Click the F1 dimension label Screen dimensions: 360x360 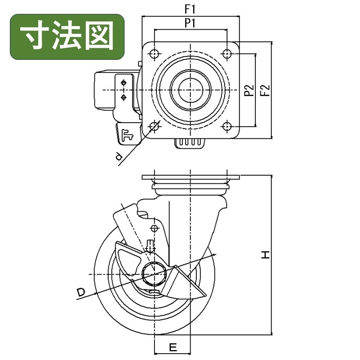pyautogui.click(x=190, y=9)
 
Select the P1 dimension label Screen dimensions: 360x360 pyautogui.click(x=190, y=23)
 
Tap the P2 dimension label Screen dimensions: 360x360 pyautogui.click(x=249, y=90)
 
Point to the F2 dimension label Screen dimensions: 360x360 pyautogui.click(x=265, y=90)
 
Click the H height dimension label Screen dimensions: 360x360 pyautogui.click(x=266, y=255)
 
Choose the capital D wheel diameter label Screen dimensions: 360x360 pyautogui.click(x=80, y=292)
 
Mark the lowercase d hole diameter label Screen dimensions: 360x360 pyautogui.click(x=119, y=157)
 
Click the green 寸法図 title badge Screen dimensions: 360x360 pyautogui.click(x=67, y=37)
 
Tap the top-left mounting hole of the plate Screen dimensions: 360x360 pyautogui.click(x=155, y=54)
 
